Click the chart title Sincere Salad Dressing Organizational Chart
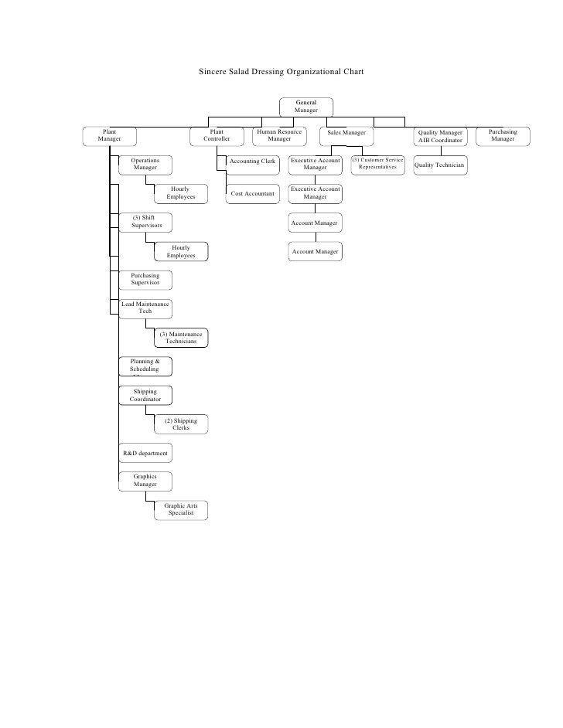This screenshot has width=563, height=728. [x=281, y=72]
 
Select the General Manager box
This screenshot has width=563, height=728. [x=305, y=107]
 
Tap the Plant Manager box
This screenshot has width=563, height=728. [x=111, y=135]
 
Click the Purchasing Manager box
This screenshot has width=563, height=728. [x=503, y=135]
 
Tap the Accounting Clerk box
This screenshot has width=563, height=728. [x=253, y=162]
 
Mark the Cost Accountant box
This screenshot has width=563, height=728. [x=253, y=195]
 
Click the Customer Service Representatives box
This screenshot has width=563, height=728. [x=377, y=163]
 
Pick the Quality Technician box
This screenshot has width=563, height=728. [x=439, y=165]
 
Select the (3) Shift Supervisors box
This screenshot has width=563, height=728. [x=145, y=223]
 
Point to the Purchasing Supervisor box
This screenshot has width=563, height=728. [x=145, y=279]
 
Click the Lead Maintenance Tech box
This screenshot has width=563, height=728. [x=145, y=308]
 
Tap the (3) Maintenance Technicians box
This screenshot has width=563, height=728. [x=181, y=337]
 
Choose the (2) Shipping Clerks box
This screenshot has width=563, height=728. [x=181, y=424]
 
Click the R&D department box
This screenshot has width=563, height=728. [x=145, y=452]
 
